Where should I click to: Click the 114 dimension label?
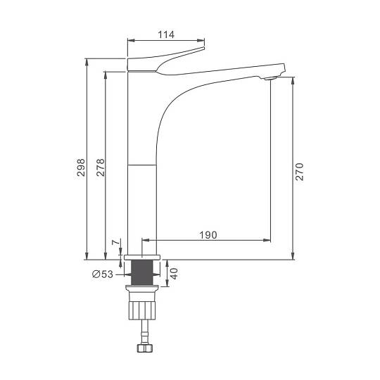(x=166, y=34)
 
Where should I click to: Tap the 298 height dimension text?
(x=81, y=167)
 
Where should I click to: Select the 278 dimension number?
(x=101, y=167)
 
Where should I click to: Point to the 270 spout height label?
(x=299, y=172)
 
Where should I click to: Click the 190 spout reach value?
(x=208, y=235)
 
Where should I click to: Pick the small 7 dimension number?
(x=116, y=242)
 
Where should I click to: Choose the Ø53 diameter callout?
(x=103, y=274)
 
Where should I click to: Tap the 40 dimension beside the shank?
(x=174, y=274)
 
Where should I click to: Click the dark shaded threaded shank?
(x=142, y=272)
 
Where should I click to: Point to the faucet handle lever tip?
(x=203, y=49)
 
